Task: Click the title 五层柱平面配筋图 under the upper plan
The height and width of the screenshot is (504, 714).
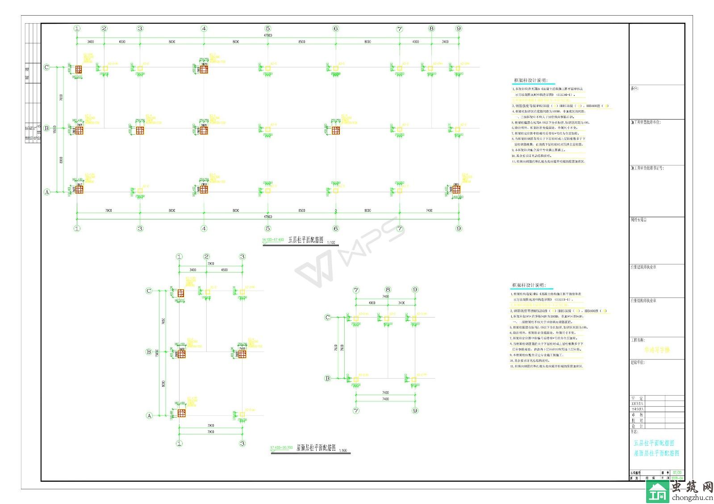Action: pyautogui.click(x=305, y=240)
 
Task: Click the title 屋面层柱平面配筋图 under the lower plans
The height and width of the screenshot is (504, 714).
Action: pyautogui.click(x=316, y=448)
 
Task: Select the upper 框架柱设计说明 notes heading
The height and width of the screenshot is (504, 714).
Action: pyautogui.click(x=530, y=81)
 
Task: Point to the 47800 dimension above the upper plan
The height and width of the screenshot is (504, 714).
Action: pyautogui.click(x=268, y=35)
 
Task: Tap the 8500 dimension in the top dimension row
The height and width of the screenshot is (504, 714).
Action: pyautogui.click(x=302, y=41)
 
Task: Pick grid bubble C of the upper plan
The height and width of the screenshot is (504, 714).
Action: pyautogui.click(x=46, y=67)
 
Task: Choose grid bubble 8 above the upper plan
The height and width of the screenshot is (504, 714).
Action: pyautogui.click(x=431, y=29)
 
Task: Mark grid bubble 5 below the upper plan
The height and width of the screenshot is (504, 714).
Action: pyautogui.click(x=268, y=228)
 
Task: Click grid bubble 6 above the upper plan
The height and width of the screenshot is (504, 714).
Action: pyautogui.click(x=336, y=29)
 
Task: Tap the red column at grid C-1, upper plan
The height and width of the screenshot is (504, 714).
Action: pyautogui.click(x=79, y=69)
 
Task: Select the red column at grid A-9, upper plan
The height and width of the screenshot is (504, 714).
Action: pyautogui.click(x=456, y=189)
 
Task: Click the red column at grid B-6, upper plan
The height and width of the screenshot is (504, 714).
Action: pyautogui.click(x=336, y=130)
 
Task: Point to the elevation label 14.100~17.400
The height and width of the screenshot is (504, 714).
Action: pyautogui.click(x=273, y=240)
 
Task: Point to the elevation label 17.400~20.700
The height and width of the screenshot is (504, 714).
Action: pyautogui.click(x=281, y=448)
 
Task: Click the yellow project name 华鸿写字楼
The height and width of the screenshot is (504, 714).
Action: pyautogui.click(x=657, y=350)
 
